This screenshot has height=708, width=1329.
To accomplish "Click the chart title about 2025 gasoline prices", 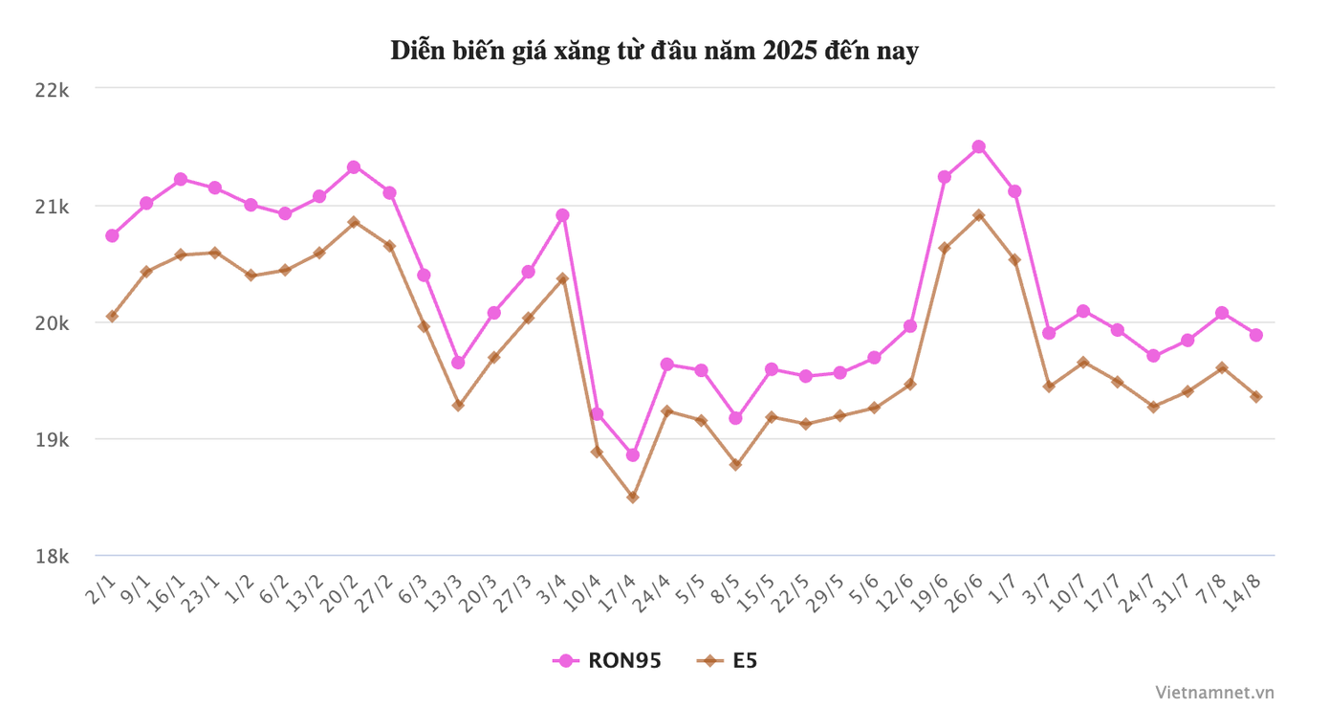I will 654,51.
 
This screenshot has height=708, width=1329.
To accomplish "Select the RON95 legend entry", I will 607,660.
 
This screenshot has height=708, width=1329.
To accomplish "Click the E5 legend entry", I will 728,660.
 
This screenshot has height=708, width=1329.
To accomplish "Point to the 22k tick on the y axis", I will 52,90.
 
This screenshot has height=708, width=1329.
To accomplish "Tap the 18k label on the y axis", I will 52,557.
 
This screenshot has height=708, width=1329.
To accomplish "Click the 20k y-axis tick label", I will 52,323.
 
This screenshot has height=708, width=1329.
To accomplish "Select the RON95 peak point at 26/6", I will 978,146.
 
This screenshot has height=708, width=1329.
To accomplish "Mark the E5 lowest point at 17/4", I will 632,497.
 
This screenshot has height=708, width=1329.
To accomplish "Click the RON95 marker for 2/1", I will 112,235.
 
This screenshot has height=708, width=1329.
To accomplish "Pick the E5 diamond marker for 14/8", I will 1255,396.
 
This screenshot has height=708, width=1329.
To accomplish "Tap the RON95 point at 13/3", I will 458,363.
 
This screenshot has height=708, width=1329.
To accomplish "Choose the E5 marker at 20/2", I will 354,222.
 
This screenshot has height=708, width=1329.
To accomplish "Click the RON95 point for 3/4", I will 563,215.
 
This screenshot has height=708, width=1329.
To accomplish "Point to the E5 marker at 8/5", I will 735,464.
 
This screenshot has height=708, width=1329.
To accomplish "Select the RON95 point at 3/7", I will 1049,333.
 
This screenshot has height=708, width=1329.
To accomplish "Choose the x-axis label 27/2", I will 373,593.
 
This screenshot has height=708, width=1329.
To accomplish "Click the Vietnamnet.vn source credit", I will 1214,691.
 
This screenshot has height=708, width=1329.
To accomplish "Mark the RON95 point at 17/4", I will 632,454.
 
